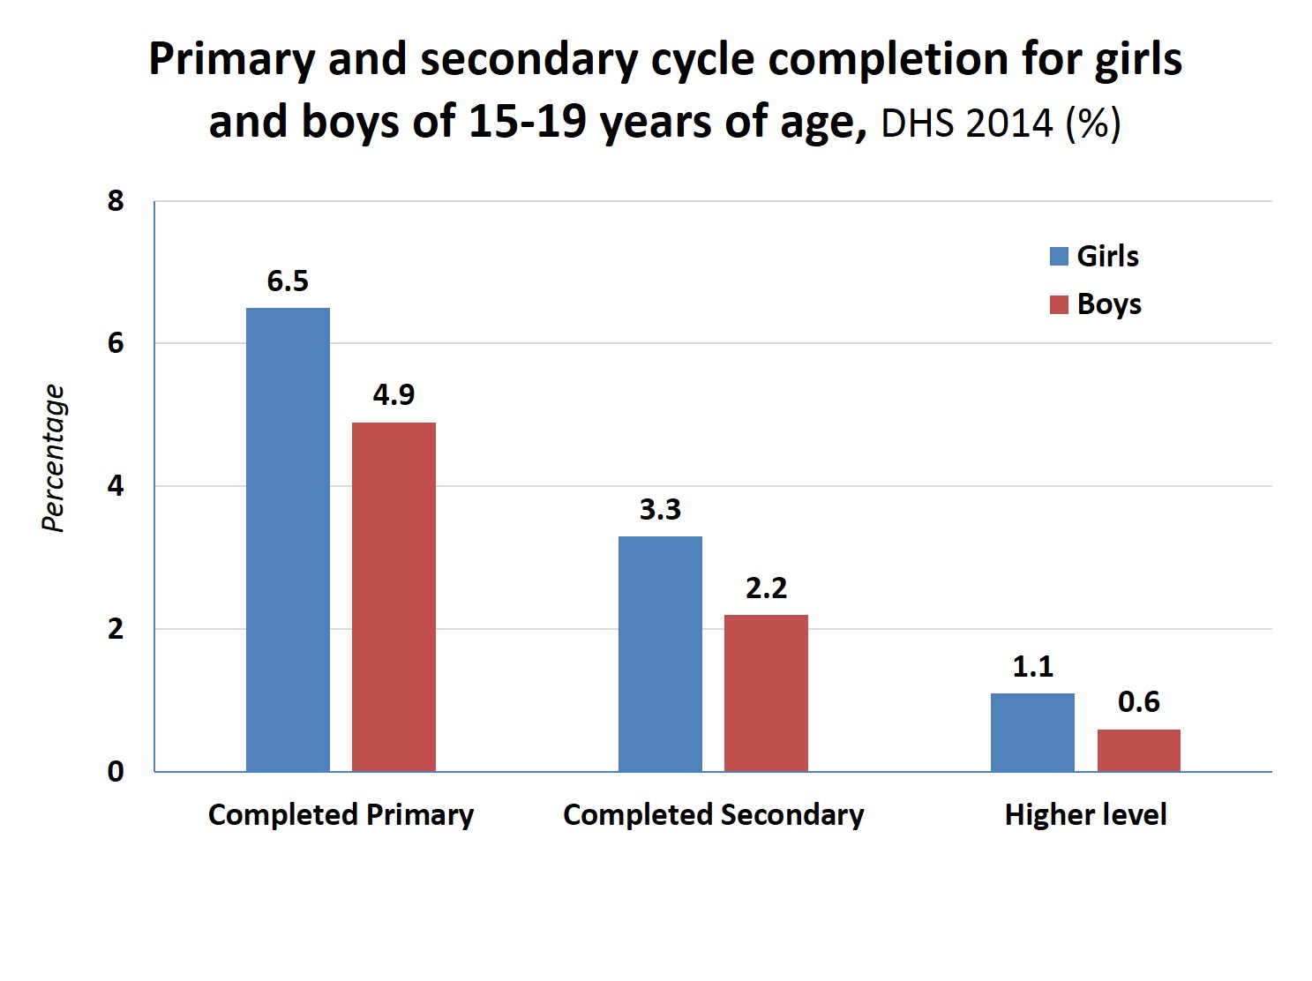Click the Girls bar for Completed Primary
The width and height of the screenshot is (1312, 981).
click(288, 539)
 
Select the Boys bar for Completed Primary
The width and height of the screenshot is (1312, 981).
click(394, 596)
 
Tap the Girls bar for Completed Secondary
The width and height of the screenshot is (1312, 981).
click(660, 654)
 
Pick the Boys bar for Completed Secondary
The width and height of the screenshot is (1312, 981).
click(766, 693)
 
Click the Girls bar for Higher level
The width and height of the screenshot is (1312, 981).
click(1032, 732)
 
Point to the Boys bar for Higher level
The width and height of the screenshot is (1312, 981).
click(1138, 750)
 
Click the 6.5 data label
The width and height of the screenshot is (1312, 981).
click(288, 281)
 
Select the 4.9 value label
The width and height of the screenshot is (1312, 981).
click(394, 394)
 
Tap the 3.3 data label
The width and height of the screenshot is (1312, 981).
click(660, 510)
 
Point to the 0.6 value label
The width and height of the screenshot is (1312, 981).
click(1138, 702)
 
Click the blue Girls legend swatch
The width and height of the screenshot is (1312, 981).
click(1059, 257)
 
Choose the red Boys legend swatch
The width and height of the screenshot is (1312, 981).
click(1059, 305)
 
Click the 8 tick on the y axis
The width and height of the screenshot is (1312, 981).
click(116, 201)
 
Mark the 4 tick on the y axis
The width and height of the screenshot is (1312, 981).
click(116, 486)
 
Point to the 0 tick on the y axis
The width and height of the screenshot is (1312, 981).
click(116, 772)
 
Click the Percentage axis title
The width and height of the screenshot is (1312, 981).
click(54, 459)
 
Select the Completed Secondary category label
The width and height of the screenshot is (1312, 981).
click(713, 814)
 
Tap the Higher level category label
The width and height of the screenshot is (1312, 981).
click(1085, 814)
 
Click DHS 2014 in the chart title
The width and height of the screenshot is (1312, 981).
click(966, 123)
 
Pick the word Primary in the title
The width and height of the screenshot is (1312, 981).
click(230, 60)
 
